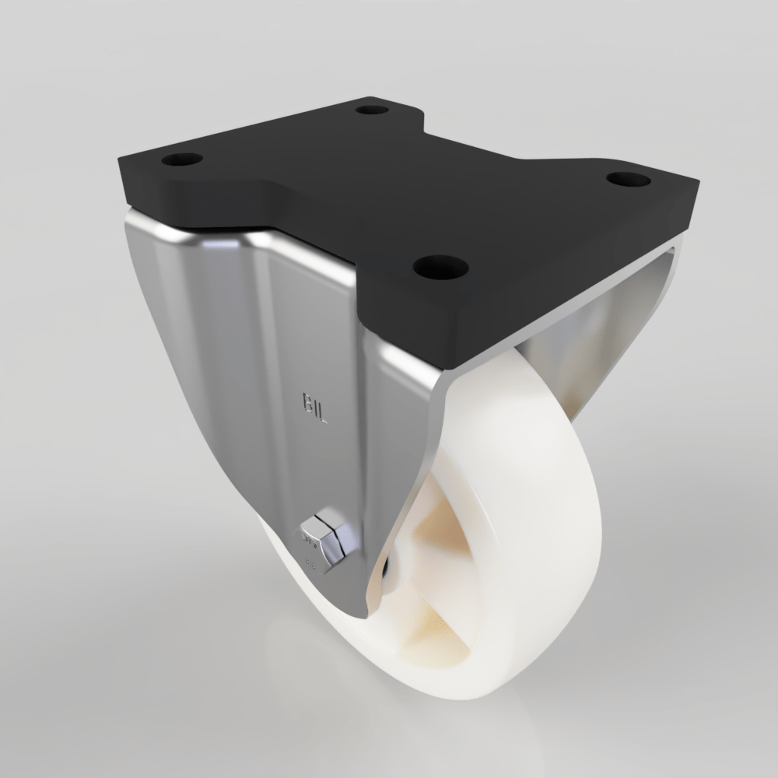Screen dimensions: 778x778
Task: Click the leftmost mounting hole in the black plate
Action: (x=182, y=159)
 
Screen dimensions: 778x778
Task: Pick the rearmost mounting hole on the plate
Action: (x=372, y=108)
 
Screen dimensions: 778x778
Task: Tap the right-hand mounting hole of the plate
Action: (x=628, y=179)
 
